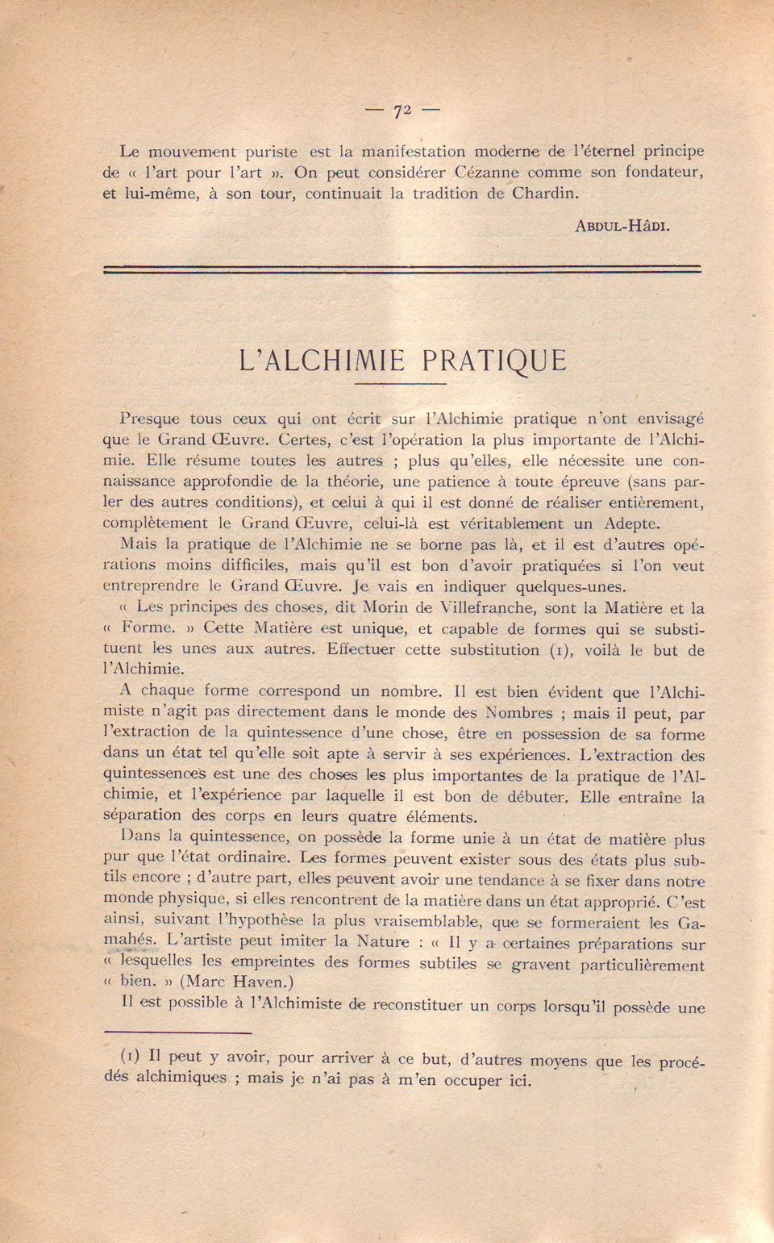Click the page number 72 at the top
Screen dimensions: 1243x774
pyautogui.click(x=403, y=111)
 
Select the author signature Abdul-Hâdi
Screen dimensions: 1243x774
pyautogui.click(x=622, y=226)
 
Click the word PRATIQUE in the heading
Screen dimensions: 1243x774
pyautogui.click(x=494, y=359)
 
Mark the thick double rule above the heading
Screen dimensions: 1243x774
pyautogui.click(x=402, y=269)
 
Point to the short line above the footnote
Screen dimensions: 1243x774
pyautogui.click(x=178, y=1031)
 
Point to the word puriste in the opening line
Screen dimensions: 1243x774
pyautogui.click(x=259, y=152)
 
